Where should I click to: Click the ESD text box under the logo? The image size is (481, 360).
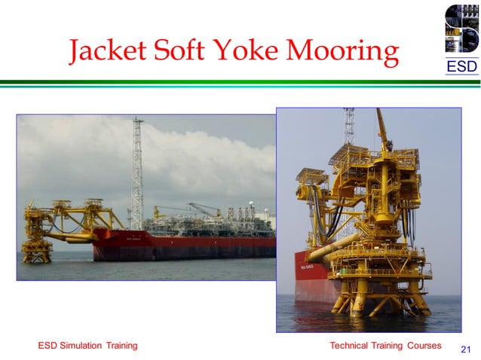pos(461,67)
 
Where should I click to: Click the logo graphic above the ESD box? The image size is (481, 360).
pos(461,29)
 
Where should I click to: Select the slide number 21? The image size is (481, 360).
pos(465,349)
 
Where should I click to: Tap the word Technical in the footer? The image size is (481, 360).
pos(352,346)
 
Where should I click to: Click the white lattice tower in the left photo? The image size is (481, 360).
pos(137,173)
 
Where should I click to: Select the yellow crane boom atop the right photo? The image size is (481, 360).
pos(385,128)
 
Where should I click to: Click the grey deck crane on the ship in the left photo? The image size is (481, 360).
pos(202,210)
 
